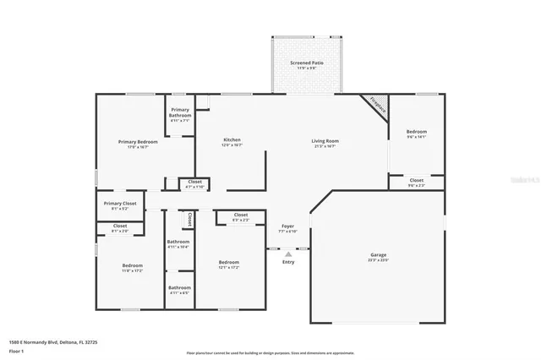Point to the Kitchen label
coord(232,139)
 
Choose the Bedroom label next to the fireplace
coord(416,132)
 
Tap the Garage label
coord(378,254)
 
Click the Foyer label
coord(287,226)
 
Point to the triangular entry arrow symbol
coord(288,252)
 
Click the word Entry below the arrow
coord(288,262)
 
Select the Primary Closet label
coord(120,204)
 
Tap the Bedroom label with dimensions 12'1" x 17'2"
coord(229,262)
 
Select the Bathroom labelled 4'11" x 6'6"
coord(179,287)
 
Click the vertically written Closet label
coord(190,218)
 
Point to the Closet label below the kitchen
coord(194,182)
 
